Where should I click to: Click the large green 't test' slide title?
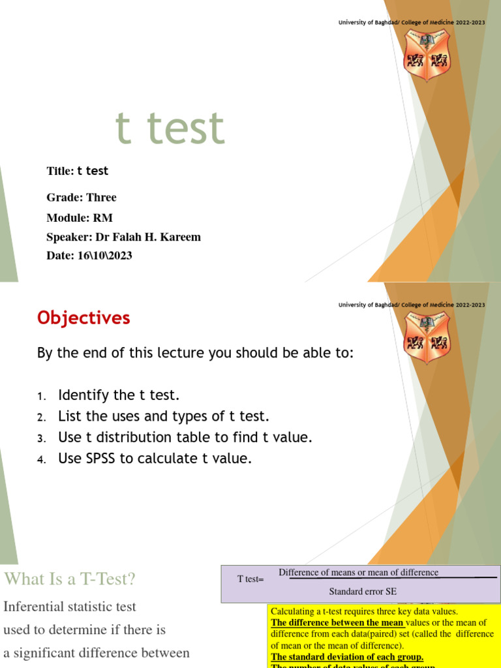[x=170, y=128]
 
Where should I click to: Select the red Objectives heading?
[x=83, y=318]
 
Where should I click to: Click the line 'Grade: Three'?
[x=82, y=197]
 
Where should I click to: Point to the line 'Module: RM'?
[x=80, y=218]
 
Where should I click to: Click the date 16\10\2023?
[x=104, y=256]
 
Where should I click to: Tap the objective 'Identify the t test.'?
[x=118, y=395]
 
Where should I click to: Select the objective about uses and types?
[x=163, y=416]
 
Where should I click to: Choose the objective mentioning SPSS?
[x=155, y=459]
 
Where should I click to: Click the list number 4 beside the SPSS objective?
[x=41, y=460]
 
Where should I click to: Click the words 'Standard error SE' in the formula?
[x=362, y=592]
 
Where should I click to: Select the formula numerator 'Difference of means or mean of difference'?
[x=358, y=573]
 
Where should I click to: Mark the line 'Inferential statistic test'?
[x=70, y=607]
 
